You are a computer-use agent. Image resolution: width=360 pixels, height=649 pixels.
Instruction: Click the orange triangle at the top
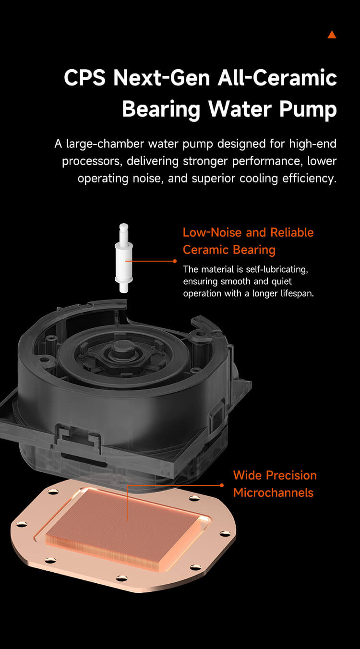click(x=332, y=35)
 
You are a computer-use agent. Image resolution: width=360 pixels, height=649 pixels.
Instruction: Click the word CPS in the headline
click(x=85, y=78)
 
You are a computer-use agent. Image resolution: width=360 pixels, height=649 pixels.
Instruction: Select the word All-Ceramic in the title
click(x=277, y=78)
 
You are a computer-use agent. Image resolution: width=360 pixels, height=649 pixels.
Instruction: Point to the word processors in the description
click(x=92, y=161)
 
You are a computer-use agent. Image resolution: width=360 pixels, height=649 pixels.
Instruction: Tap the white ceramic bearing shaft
click(x=124, y=258)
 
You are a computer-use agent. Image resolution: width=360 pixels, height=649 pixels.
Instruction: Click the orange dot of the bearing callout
click(x=175, y=261)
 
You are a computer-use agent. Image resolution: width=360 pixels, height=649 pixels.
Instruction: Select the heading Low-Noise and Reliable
click(x=248, y=232)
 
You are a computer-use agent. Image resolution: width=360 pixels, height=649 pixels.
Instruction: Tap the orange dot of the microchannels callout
click(x=222, y=485)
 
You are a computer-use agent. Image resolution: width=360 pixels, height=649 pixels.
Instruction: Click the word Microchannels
click(x=274, y=493)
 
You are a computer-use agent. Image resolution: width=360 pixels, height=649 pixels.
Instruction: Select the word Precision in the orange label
click(x=291, y=475)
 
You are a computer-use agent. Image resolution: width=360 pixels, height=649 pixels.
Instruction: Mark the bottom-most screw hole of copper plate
click(x=121, y=578)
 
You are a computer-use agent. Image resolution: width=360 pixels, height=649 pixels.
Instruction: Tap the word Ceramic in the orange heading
click(x=205, y=250)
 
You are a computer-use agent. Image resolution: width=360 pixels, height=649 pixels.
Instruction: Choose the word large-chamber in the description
click(x=105, y=144)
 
